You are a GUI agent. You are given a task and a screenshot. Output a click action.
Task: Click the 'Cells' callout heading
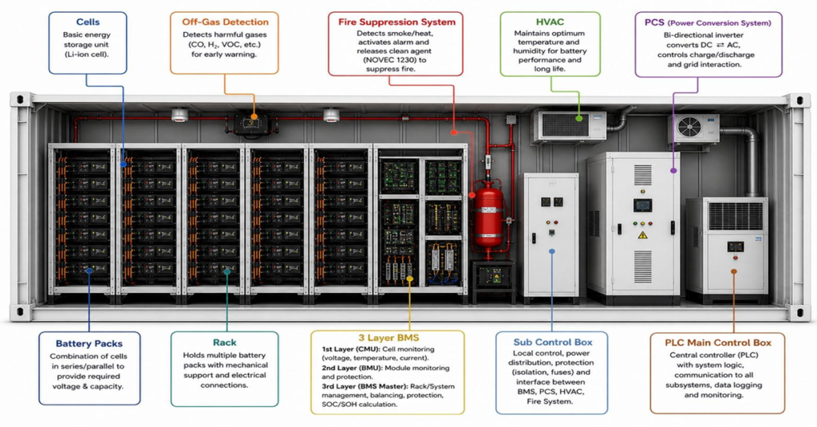[88, 22]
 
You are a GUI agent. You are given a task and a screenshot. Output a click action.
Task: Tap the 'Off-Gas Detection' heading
[225, 22]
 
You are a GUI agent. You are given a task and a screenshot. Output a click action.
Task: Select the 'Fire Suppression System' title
[397, 22]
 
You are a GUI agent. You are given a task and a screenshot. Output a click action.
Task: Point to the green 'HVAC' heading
[550, 22]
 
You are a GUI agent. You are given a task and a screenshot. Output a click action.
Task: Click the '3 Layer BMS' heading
[389, 338]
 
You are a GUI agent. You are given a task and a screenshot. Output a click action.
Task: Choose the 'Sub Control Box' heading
[553, 342]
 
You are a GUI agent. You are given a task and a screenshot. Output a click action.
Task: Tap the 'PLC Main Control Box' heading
[717, 342]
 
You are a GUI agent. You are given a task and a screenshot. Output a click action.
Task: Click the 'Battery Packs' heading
[89, 343]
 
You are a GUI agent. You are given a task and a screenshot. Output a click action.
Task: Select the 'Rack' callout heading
[224, 342]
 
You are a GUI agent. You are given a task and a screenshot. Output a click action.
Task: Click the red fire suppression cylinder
[488, 214]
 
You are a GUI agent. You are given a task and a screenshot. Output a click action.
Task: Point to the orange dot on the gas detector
[254, 117]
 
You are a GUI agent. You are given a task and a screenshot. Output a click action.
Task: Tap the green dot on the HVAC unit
[579, 118]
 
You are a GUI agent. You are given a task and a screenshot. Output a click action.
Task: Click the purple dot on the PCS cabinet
[673, 171]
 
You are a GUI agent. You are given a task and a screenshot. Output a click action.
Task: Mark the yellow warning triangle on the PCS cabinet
[642, 235]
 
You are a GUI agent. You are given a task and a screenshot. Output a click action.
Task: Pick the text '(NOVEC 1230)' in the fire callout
[395, 60]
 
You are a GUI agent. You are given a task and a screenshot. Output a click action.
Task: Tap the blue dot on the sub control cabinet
[552, 251]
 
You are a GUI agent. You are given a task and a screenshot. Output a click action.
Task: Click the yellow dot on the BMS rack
[409, 279]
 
